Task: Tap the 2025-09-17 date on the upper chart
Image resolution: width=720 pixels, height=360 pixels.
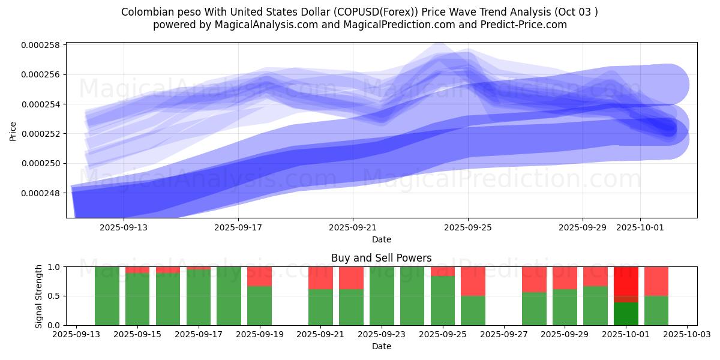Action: [238, 228]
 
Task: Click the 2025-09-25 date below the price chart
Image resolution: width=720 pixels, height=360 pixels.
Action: [468, 228]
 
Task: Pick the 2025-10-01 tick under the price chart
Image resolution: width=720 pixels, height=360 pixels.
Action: [640, 228]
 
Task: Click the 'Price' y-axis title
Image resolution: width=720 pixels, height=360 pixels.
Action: [13, 130]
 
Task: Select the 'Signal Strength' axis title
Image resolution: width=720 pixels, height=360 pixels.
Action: [40, 296]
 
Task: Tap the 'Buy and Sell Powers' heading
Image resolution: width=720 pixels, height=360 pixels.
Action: [381, 259]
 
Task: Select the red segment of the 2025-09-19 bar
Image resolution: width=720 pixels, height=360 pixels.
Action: [259, 276]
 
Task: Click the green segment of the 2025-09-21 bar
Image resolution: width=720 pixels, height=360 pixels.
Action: [320, 307]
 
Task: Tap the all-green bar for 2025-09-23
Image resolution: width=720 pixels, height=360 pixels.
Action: [382, 296]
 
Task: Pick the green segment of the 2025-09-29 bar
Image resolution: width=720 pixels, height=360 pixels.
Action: [565, 307]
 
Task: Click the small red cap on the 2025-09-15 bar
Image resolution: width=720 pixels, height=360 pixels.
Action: [137, 269]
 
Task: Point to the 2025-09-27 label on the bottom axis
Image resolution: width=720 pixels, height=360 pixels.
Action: [504, 335]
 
